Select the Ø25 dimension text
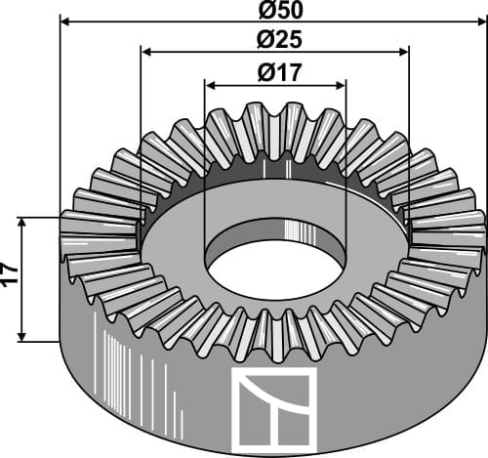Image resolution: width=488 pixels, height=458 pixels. (277, 41)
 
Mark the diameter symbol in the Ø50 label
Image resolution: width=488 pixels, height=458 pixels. (265, 10)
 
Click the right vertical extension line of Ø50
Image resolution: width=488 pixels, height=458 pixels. (484, 117)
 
